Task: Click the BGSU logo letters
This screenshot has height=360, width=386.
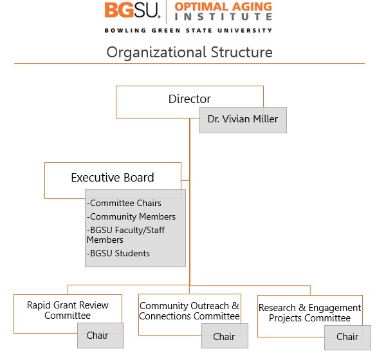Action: click(x=132, y=10)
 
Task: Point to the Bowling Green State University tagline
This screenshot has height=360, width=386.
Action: click(x=188, y=30)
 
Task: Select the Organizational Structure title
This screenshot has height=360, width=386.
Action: click(x=189, y=52)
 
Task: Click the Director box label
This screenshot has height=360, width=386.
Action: click(x=189, y=99)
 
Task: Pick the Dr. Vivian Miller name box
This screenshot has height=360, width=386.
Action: click(x=243, y=120)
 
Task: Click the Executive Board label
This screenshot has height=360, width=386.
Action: click(x=113, y=177)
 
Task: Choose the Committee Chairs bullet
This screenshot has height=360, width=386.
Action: click(x=125, y=204)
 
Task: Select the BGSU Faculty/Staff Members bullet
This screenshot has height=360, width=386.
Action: click(x=125, y=234)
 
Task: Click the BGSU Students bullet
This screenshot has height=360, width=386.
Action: click(x=118, y=253)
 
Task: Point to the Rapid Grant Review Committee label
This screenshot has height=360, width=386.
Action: click(x=68, y=310)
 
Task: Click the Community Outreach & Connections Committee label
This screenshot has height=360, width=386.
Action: click(x=189, y=311)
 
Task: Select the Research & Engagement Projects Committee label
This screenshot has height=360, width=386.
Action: click(x=309, y=313)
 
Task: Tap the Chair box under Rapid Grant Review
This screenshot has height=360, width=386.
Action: click(x=97, y=336)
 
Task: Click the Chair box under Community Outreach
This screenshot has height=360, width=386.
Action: click(x=224, y=336)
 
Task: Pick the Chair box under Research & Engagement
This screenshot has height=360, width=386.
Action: click(x=347, y=337)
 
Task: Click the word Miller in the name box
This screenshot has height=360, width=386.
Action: click(x=265, y=120)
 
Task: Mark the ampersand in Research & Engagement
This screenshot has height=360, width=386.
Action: click(x=302, y=308)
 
